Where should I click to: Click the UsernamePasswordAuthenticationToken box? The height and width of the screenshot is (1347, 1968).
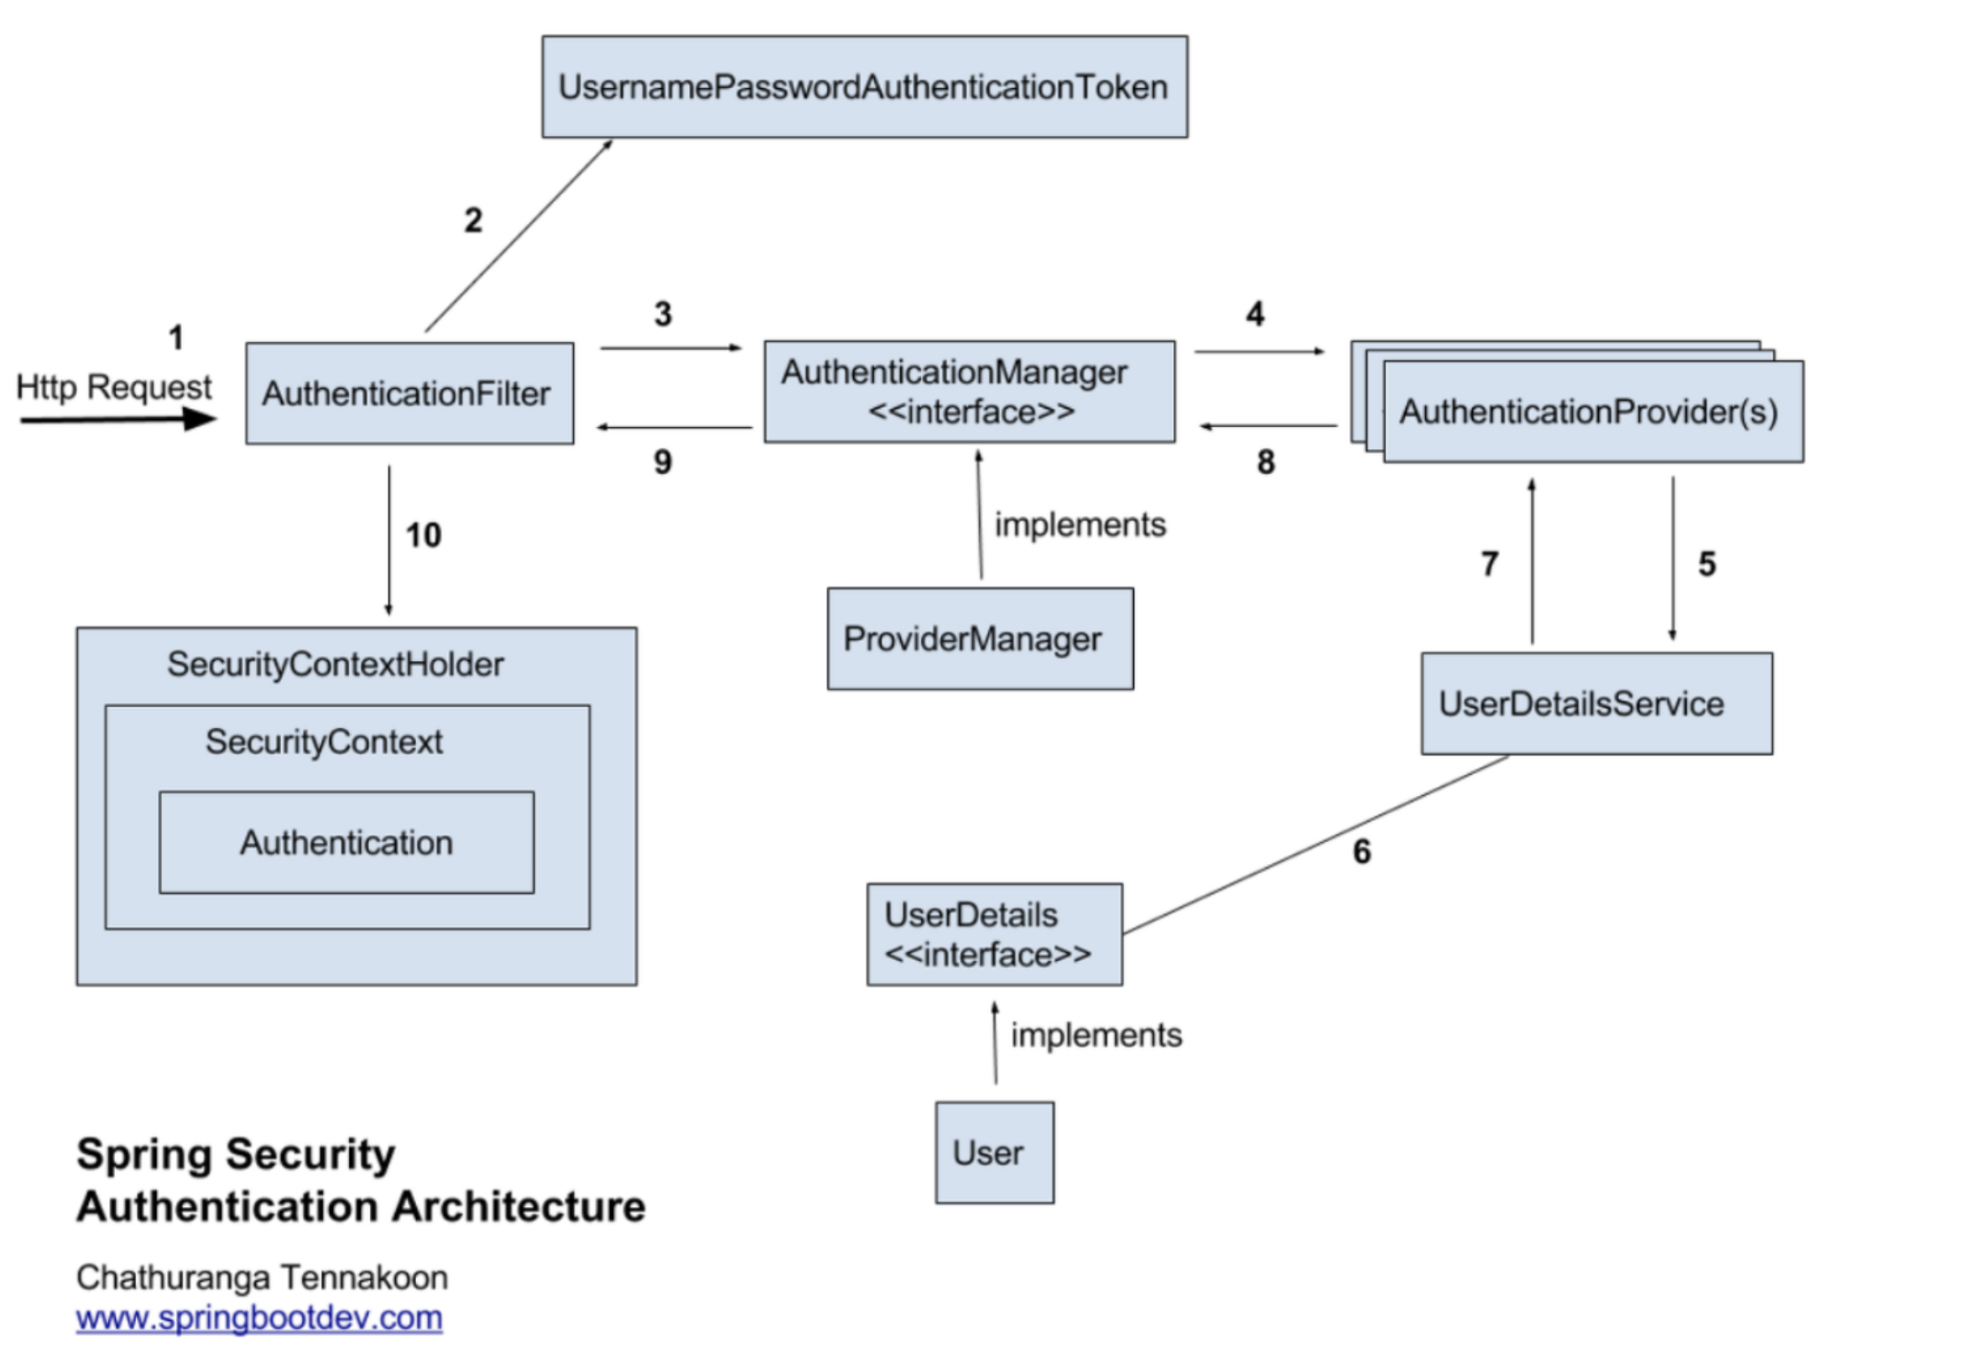(865, 86)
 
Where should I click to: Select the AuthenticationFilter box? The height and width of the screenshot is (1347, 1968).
(410, 393)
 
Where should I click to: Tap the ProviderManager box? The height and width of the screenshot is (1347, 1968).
(981, 638)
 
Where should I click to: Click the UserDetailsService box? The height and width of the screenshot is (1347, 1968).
(1597, 703)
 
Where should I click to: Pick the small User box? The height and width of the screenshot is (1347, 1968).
(995, 1152)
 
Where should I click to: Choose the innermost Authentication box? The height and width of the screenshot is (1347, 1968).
(347, 842)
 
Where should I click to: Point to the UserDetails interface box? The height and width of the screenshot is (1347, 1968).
(995, 934)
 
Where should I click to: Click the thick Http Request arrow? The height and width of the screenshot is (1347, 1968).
(118, 419)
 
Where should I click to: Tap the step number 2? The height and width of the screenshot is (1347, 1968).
(473, 221)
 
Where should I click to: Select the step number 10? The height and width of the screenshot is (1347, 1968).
(424, 535)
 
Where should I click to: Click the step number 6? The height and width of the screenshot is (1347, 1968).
(1361, 851)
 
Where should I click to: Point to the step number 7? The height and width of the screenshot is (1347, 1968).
(1490, 564)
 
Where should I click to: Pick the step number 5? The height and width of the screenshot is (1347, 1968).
(1707, 564)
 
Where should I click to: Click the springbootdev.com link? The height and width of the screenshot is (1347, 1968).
(259, 1318)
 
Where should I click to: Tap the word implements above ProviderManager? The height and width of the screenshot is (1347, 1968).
(1080, 525)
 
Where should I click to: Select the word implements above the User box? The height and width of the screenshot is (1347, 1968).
(1096, 1036)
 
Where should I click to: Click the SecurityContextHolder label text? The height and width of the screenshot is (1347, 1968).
(336, 664)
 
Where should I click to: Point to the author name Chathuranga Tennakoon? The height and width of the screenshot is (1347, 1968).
(263, 1277)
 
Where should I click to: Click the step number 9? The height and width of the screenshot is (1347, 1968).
(663, 462)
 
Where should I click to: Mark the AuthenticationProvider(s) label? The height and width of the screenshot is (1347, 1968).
(1589, 412)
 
